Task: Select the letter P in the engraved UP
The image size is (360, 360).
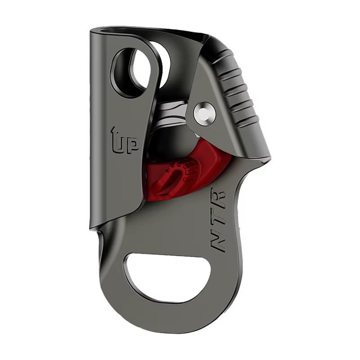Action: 132,146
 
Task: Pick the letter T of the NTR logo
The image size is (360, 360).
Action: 218,218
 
